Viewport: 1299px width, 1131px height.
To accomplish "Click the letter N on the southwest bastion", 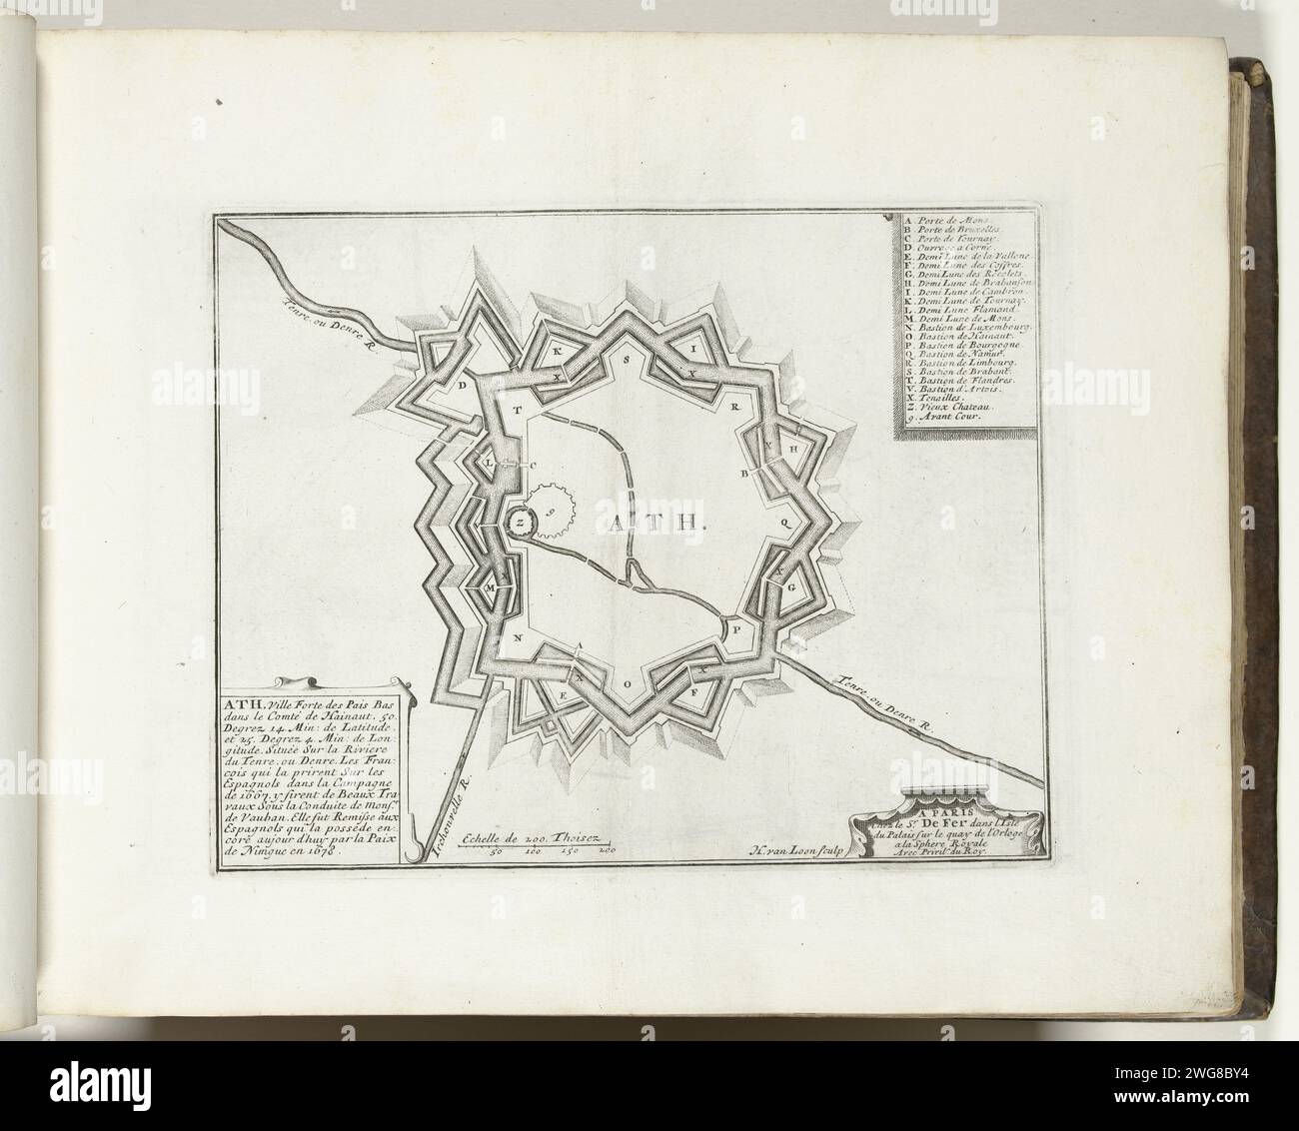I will click(519, 636).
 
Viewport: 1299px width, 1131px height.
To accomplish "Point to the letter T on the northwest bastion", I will click(518, 411).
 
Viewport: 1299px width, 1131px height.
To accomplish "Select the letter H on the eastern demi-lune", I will click(794, 451).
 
